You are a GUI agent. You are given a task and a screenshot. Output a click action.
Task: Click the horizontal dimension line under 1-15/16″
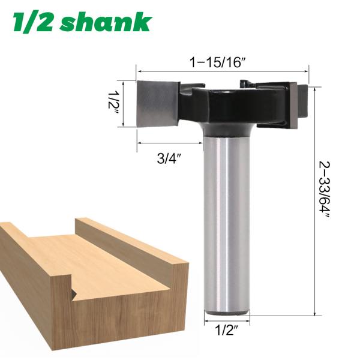coord(222,71)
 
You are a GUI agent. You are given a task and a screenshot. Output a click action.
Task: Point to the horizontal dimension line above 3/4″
coord(170,143)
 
